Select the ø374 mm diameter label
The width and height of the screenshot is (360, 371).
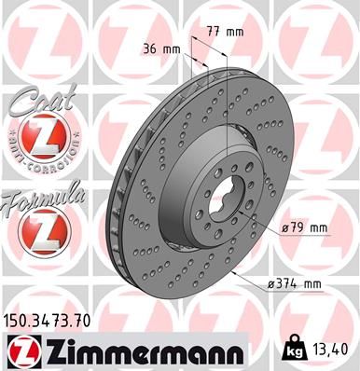(x=301, y=282)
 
